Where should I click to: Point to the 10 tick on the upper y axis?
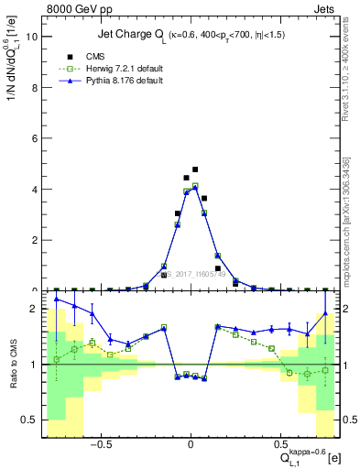pos(33,37)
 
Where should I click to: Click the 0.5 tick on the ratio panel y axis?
pos(31,420)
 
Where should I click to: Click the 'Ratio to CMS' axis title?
pos(13,365)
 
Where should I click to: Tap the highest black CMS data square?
pos(195,169)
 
